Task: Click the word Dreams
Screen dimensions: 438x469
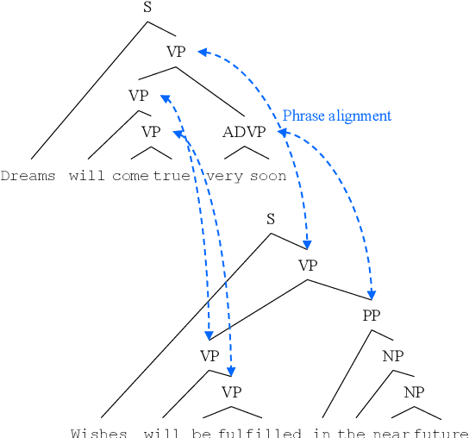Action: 28,176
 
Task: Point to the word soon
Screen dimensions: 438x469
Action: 268,176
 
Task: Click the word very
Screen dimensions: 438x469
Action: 225,176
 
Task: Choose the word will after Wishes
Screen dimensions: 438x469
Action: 162,432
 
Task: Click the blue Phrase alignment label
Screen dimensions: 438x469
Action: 336,116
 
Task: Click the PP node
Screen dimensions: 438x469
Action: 372,316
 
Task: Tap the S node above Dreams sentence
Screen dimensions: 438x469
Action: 148,8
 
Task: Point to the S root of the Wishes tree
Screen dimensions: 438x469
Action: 271,219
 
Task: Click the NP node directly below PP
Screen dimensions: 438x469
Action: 393,355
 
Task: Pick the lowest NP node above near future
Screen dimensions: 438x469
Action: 415,392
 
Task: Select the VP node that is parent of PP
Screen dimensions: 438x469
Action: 309,265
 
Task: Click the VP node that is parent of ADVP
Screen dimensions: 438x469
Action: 176,52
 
